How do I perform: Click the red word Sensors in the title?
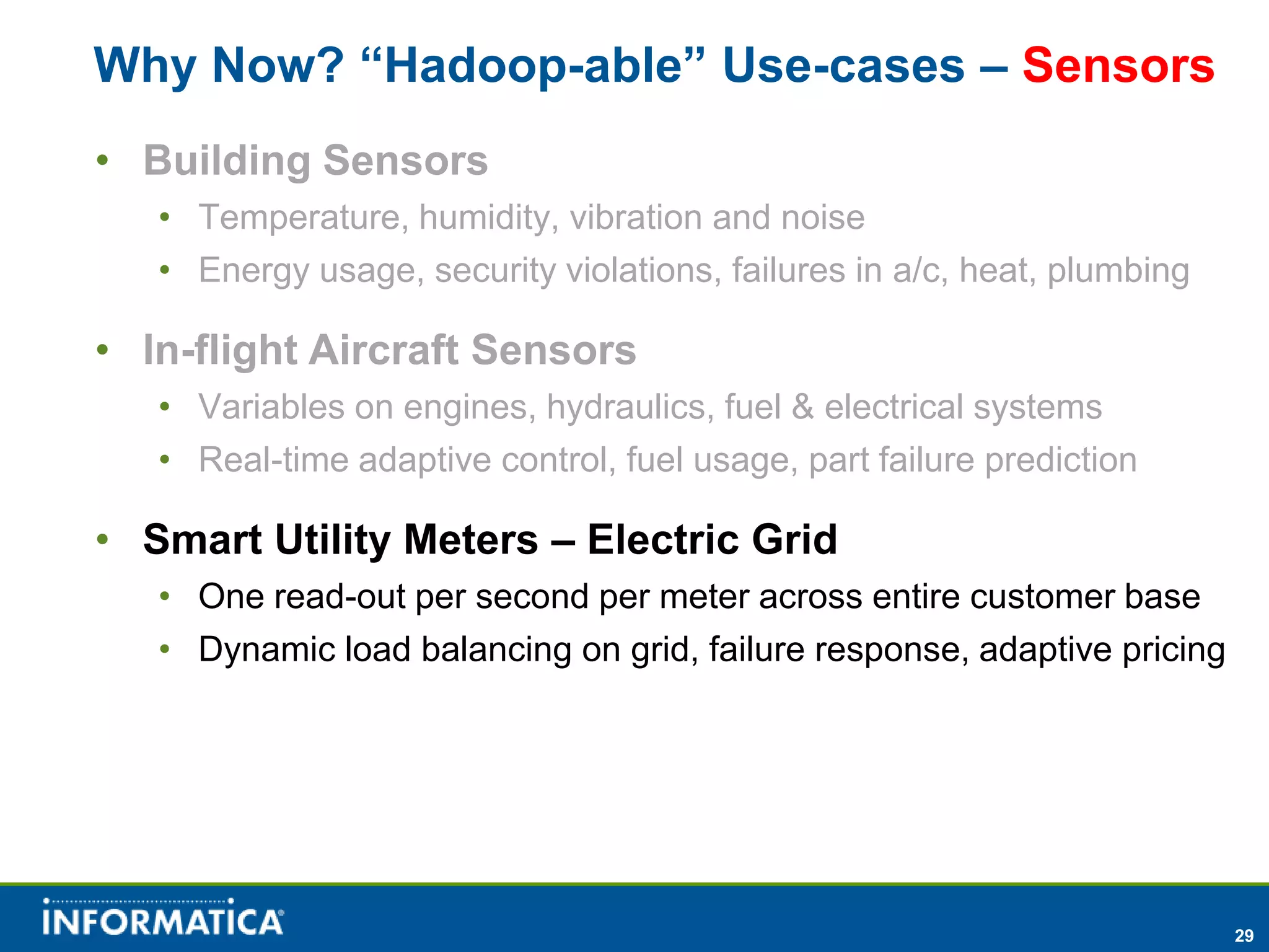point(1118,65)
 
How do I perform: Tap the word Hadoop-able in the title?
point(532,65)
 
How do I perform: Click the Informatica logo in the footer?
point(164,918)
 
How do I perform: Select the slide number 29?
point(1244,935)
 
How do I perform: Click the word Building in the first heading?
point(227,161)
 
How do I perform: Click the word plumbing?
point(1118,271)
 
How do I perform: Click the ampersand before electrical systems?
point(802,407)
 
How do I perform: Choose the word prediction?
point(1060,460)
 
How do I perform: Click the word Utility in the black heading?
point(332,539)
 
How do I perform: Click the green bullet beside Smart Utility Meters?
point(103,538)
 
